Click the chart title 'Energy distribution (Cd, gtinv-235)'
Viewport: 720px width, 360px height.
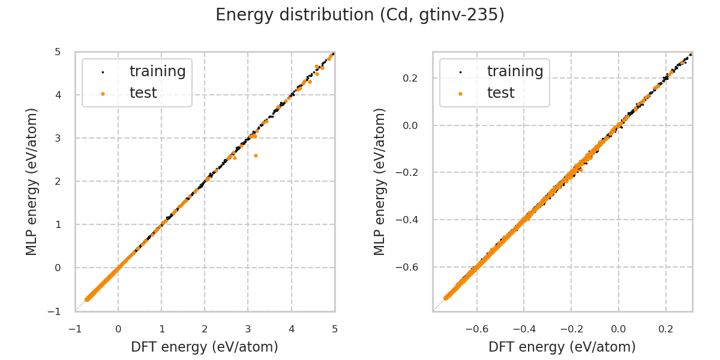tap(360, 15)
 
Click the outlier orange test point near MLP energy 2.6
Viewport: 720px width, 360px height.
tap(256, 155)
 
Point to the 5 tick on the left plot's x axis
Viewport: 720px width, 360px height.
tap(335, 329)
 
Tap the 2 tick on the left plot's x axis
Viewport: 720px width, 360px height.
tap(205, 329)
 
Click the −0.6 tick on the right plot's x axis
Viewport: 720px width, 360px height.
tap(476, 329)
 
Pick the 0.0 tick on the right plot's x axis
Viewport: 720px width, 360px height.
tap(619, 329)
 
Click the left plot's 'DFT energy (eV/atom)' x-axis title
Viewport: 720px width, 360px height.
tap(205, 347)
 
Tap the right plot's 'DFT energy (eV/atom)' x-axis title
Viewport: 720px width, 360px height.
tap(562, 347)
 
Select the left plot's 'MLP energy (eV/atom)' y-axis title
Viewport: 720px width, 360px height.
tap(32, 181)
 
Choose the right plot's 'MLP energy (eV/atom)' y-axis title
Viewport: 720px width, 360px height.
tap(380, 181)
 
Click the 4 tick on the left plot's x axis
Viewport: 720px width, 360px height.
tap(292, 329)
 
